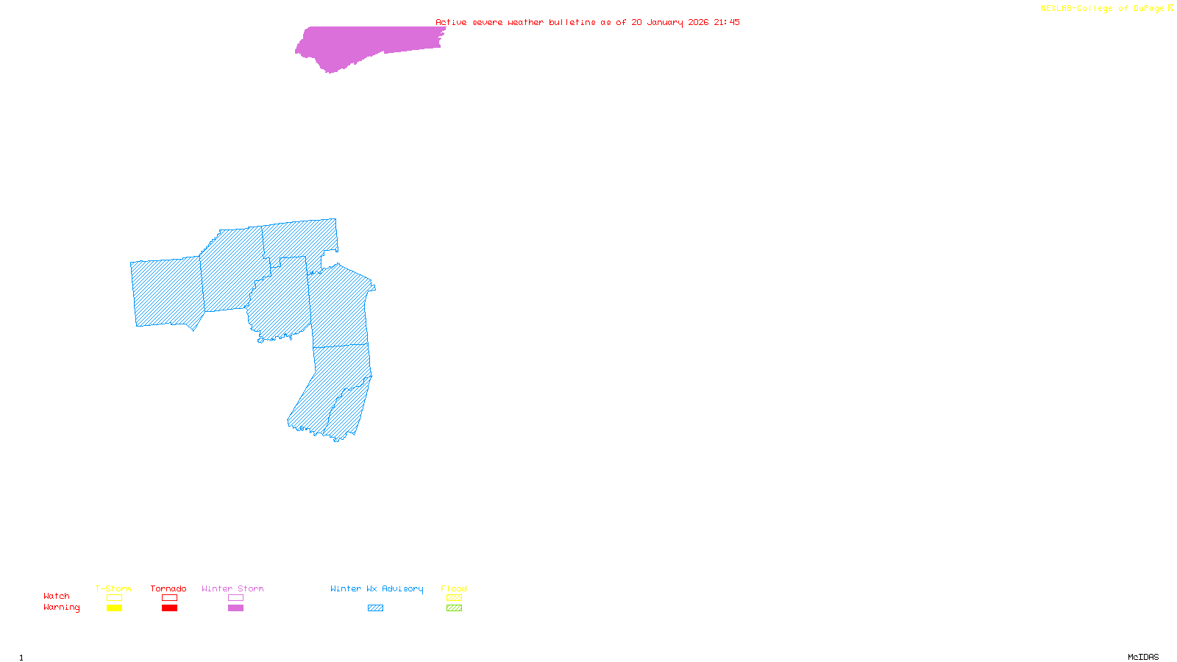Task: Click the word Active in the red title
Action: (451, 22)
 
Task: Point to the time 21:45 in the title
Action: (727, 22)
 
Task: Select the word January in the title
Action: (665, 22)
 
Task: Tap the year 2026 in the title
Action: (699, 22)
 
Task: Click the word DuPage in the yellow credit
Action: (1148, 9)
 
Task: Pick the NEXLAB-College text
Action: (1076, 9)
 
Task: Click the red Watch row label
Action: (57, 597)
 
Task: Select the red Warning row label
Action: (62, 608)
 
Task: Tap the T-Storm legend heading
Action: (113, 588)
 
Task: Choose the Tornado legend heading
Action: (168, 588)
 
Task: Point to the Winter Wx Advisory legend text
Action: (377, 588)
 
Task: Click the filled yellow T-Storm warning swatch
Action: (114, 608)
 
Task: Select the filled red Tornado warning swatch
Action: (169, 608)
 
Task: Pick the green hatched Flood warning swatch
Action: (454, 608)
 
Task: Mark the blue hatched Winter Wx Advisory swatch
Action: (375, 608)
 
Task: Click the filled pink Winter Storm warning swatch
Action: (235, 608)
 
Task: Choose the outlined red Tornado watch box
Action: (169, 598)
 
